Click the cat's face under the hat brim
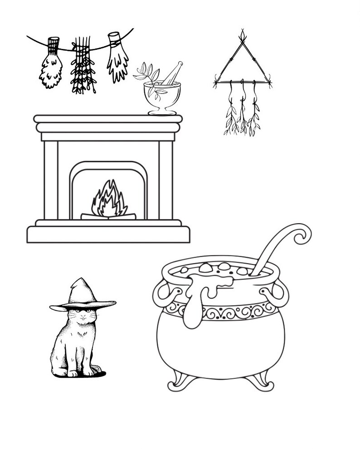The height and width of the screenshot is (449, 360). click(81, 316)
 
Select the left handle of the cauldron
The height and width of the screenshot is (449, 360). click(161, 295)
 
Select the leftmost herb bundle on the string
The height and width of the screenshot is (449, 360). click(51, 68)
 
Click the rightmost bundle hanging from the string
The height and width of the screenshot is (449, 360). click(117, 61)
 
